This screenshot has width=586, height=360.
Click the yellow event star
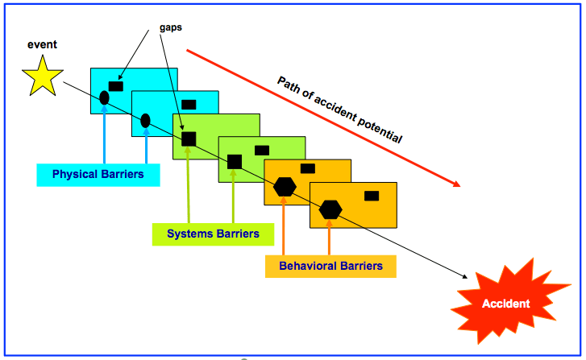42,76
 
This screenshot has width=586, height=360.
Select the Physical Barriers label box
98,174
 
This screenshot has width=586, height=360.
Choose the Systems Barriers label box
213,234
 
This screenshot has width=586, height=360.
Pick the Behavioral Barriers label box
330,265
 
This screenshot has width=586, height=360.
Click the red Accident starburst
505,303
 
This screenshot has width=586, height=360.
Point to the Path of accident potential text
339,110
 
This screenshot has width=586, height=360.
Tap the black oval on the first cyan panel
104,98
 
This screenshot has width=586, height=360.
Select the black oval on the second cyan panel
146,121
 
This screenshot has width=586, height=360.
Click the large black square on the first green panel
189,139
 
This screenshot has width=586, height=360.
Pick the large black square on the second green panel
235,161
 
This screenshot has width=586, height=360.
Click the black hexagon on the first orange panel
285,186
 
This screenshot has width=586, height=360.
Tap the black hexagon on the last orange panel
330,209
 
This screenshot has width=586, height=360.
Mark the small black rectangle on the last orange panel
372,196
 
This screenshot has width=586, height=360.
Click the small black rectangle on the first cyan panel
116,85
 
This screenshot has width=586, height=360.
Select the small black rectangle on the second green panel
262,150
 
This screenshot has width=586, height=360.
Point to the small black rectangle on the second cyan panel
189,104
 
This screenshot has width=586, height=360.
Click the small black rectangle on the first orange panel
308,168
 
